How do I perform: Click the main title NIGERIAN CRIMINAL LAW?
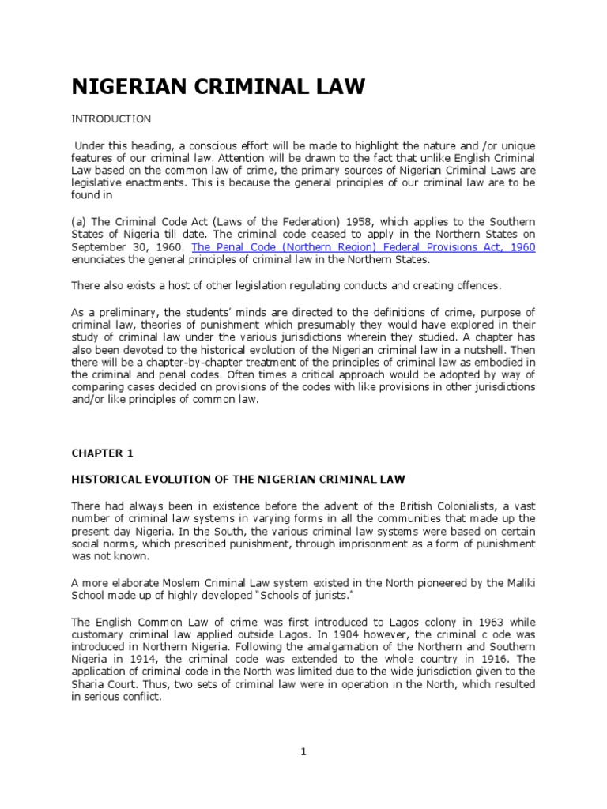(219, 87)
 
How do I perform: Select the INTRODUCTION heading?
(111, 119)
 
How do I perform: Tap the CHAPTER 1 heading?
(103, 453)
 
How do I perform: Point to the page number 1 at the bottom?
(303, 751)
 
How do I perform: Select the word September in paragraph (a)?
(101, 247)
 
